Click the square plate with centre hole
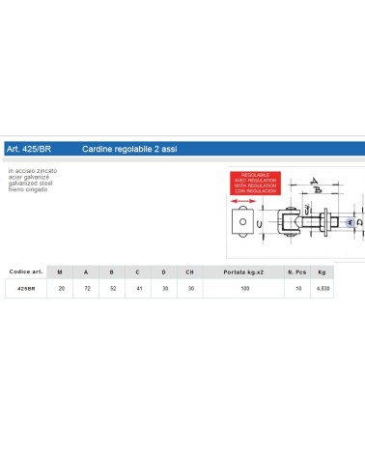pyautogui.click(x=241, y=225)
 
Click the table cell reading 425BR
pyautogui.click(x=26, y=289)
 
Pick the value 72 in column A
pyautogui.click(x=87, y=289)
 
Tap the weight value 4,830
pyautogui.click(x=323, y=289)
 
